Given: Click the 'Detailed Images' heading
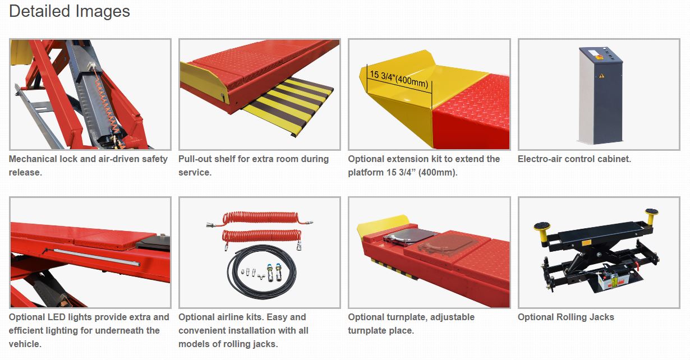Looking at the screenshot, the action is point(70,12).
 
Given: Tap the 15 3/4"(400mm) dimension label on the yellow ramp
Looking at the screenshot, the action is point(399,79).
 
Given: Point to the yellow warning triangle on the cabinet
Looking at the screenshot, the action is point(601,76).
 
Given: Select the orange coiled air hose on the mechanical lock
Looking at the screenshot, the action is point(105,101).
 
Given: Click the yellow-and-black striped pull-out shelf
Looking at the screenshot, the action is point(288,105).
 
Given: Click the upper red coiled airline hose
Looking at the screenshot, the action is point(260,218).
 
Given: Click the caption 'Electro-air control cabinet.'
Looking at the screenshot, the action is point(574,159).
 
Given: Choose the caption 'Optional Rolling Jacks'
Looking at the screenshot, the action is point(566,317).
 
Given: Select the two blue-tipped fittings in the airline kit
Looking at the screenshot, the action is point(274,272).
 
